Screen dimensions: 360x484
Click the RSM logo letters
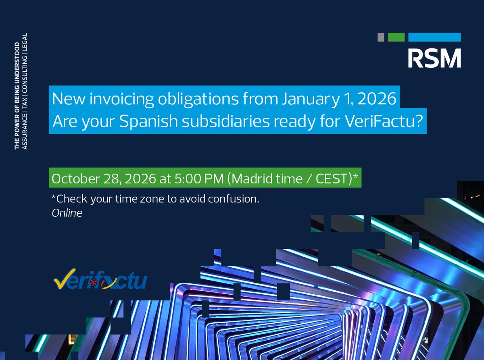434,58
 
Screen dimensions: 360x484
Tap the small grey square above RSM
381,37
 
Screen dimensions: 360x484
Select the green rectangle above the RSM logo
396,37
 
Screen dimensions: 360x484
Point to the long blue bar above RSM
434,37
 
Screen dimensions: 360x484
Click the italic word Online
67,212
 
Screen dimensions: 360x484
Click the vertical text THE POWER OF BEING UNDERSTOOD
17,95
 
